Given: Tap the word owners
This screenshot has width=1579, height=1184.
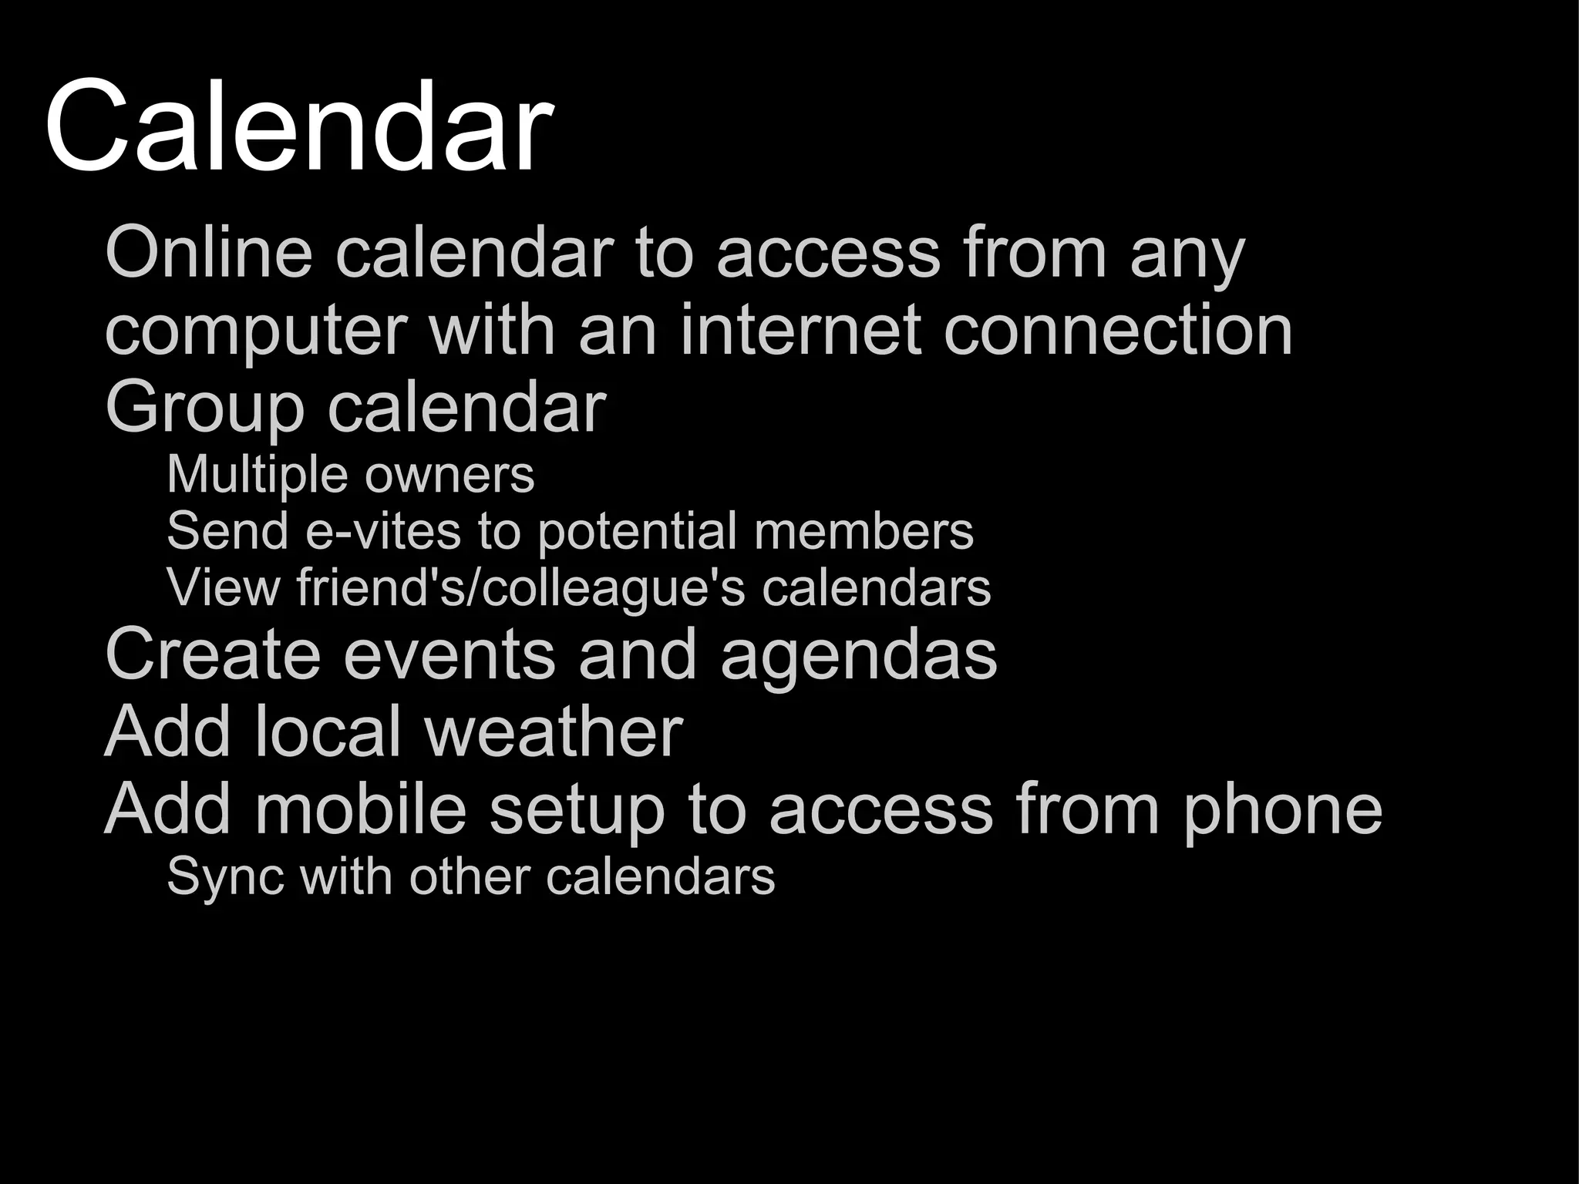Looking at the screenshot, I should pyautogui.click(x=449, y=476).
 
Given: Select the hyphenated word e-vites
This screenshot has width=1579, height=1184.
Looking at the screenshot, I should pyautogui.click(x=383, y=531).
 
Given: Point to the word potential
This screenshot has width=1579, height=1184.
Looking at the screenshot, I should pyautogui.click(x=637, y=533).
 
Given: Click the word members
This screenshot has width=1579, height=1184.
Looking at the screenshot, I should pyautogui.click(x=864, y=531).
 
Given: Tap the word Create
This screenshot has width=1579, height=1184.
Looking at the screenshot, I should pyautogui.click(x=212, y=654).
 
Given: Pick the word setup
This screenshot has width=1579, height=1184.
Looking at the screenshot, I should pyautogui.click(x=577, y=811).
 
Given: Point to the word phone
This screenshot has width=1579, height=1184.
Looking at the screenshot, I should pyautogui.click(x=1283, y=811).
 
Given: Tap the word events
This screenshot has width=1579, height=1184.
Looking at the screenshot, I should pyautogui.click(x=449, y=654).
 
